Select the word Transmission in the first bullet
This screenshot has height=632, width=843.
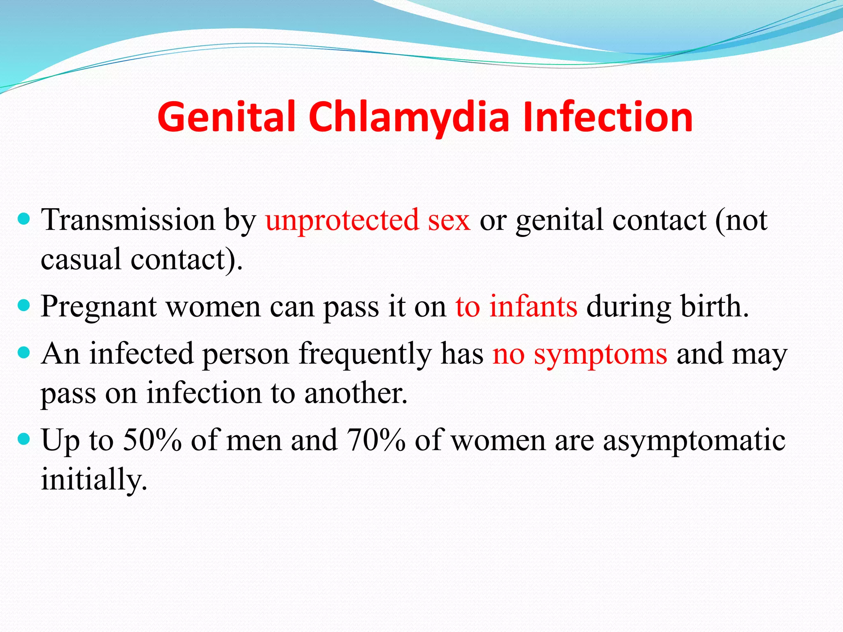tap(128, 220)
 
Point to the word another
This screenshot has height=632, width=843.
tap(356, 393)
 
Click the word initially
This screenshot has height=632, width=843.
tap(94, 480)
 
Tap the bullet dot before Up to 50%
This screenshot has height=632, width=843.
tap(25, 439)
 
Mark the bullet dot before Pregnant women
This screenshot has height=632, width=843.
tap(25, 305)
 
